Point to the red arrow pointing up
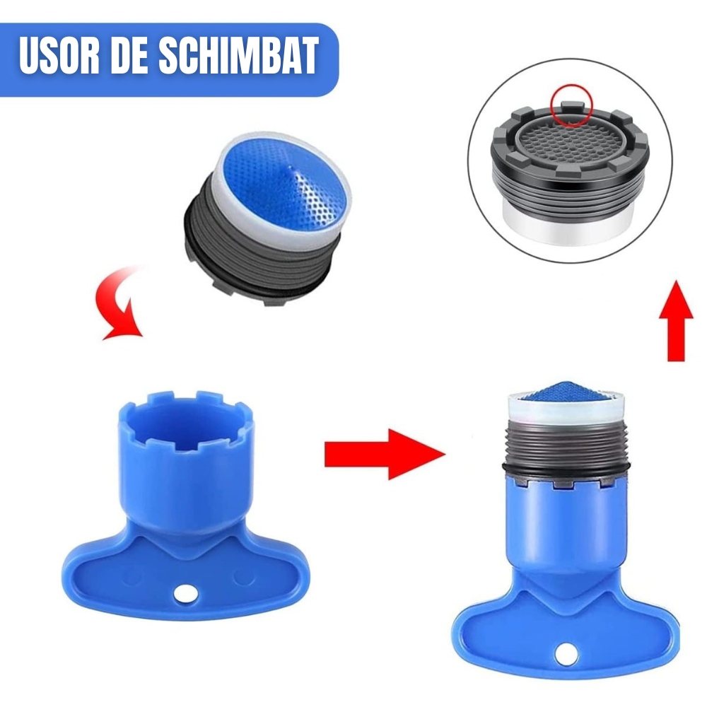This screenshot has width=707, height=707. (x=676, y=320)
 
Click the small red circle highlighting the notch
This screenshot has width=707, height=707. (x=571, y=105)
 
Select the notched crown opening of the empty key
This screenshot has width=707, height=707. (x=186, y=419)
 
